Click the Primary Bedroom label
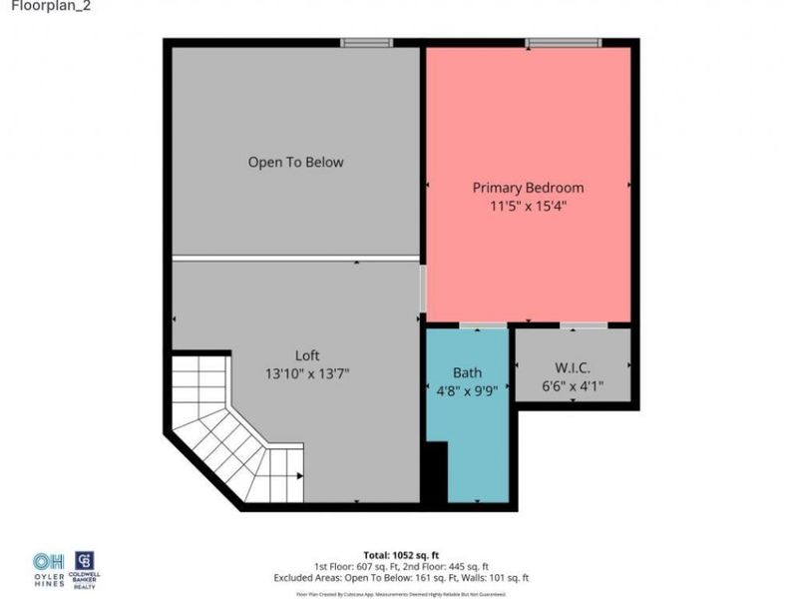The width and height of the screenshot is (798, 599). click(x=528, y=188)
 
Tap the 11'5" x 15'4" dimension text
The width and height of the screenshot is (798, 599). click(x=528, y=207)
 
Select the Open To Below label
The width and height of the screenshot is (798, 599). click(x=295, y=162)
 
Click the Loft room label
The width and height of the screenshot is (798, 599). click(x=307, y=355)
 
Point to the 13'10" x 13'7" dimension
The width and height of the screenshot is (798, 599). click(x=307, y=373)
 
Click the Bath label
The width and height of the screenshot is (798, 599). click(x=467, y=372)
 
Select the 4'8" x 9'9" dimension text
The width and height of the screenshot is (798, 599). click(x=468, y=390)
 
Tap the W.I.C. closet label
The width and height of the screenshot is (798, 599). click(x=573, y=366)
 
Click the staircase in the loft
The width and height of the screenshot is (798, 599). click(x=234, y=434)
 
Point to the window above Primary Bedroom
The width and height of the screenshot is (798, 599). click(x=564, y=43)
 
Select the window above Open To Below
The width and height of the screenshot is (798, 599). click(x=366, y=43)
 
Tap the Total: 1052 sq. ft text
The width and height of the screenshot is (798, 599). click(x=401, y=555)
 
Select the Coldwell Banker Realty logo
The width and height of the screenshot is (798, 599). click(x=86, y=568)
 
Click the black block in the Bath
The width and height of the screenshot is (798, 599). click(x=435, y=473)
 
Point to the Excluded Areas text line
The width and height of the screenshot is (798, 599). click(x=401, y=578)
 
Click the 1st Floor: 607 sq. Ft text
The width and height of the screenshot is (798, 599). click(x=355, y=567)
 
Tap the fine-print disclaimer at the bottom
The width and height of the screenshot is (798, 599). click(x=401, y=592)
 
